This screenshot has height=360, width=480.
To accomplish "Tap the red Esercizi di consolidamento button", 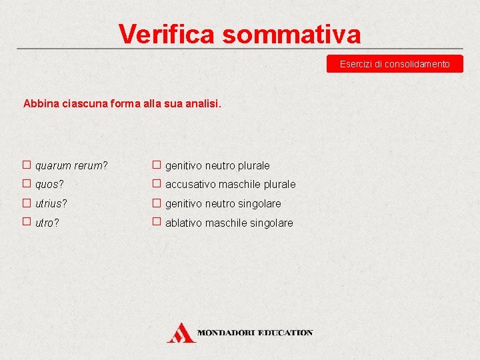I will [x=395, y=64].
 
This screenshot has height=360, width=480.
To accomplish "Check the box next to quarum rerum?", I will [x=27, y=164].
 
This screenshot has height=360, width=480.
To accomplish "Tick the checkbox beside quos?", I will [x=27, y=183].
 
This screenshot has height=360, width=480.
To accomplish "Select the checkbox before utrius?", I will [x=27, y=203].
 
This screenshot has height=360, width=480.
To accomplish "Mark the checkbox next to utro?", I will [x=27, y=222].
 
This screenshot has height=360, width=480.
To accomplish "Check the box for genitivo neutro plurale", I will [x=156, y=164].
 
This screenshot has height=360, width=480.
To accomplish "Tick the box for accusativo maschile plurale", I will [x=156, y=183].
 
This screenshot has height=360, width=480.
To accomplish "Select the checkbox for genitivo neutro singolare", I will [x=156, y=203].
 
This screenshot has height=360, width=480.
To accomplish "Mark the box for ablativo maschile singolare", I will [x=156, y=222].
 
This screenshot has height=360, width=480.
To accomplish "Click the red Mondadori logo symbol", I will [x=181, y=332].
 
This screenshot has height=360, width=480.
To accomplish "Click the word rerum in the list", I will [x=90, y=165].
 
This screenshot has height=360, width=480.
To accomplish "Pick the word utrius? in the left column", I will [x=51, y=203].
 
